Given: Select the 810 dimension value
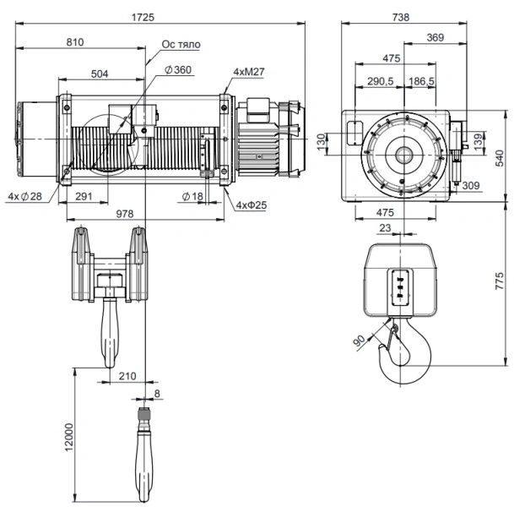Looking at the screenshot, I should point(74,41).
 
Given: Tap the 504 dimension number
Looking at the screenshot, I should point(99,74).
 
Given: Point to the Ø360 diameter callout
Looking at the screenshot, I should point(179,68).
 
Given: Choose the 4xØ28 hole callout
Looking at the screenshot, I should point(24,196).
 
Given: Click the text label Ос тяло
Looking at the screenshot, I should point(181,43).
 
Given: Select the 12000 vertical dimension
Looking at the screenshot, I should point(68,436).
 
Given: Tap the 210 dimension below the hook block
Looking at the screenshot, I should point(127,375).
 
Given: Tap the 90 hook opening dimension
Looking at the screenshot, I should point(360,340).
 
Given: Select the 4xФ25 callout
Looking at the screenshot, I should point(251,204).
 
